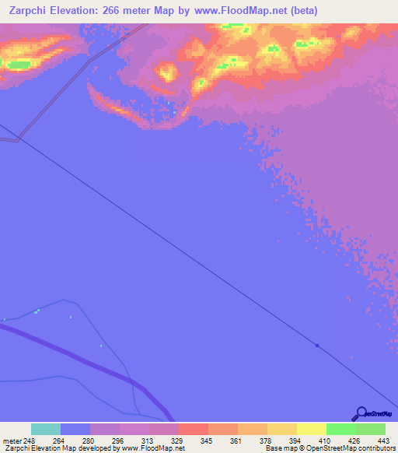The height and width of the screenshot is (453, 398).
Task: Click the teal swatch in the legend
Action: [x=46, y=429]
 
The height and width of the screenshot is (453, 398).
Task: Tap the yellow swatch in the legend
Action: [x=312, y=429]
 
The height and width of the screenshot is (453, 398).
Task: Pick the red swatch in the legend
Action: [x=194, y=429]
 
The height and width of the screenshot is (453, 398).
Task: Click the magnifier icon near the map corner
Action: [x=361, y=413]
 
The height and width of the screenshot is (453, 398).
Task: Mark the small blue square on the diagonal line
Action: [x=317, y=345]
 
